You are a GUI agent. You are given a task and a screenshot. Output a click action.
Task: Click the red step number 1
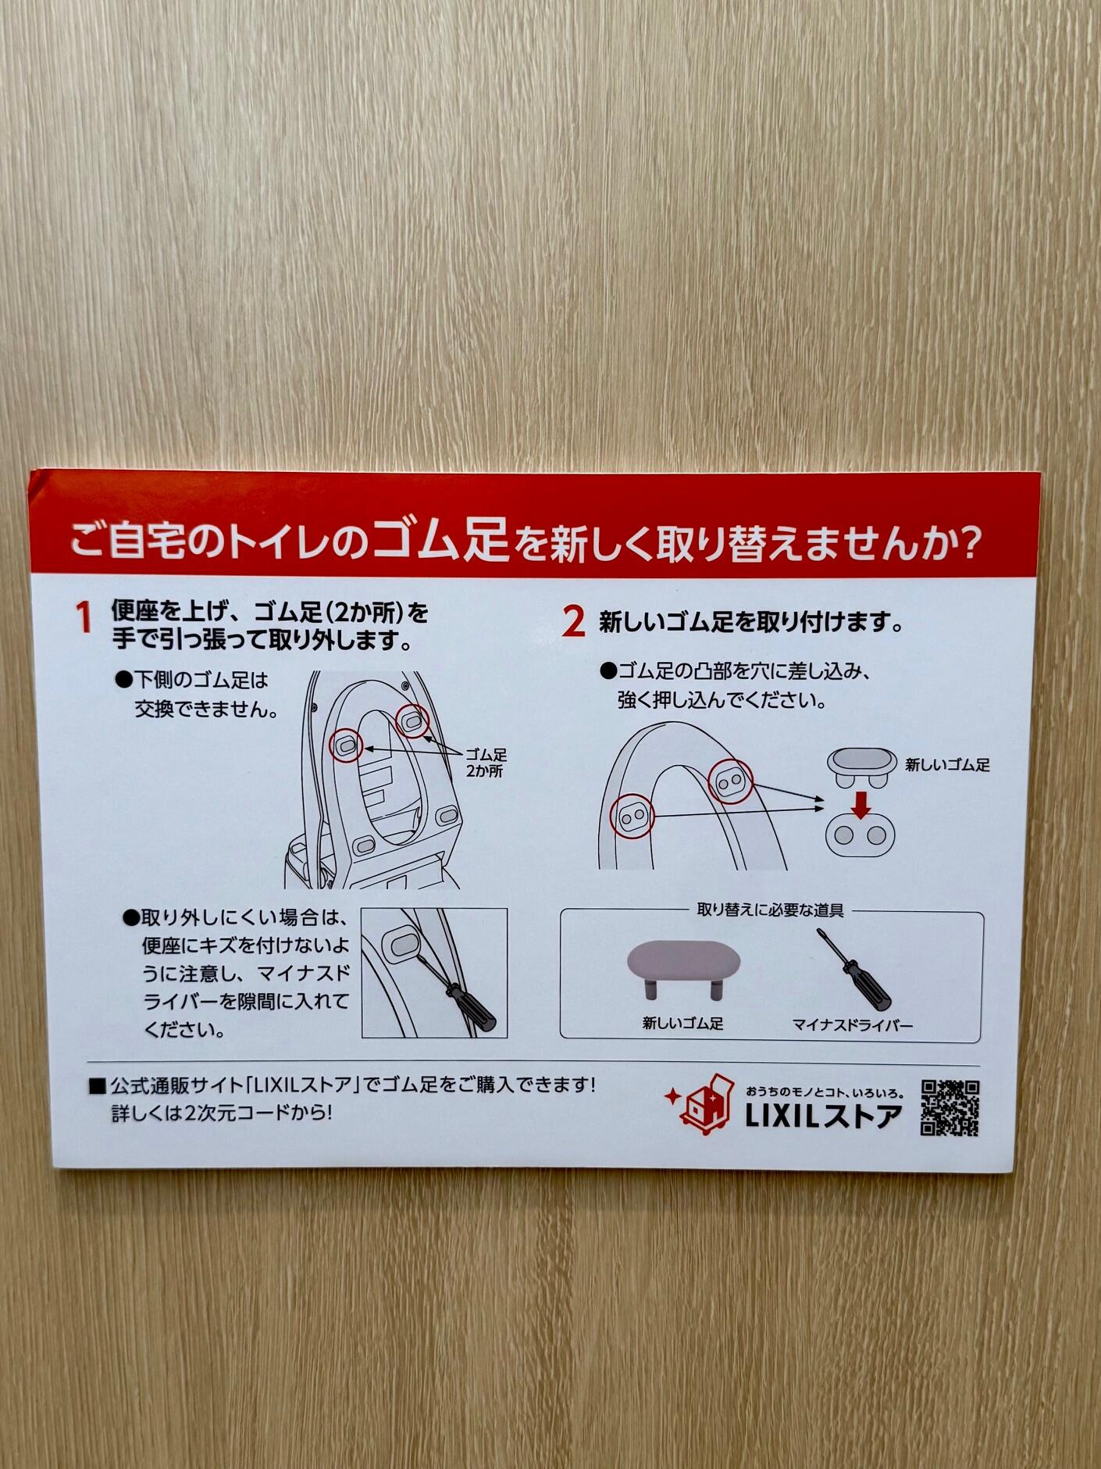click(84, 617)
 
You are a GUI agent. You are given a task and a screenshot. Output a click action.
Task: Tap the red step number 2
click(573, 622)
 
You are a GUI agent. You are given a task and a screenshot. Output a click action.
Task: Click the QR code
click(950, 1107)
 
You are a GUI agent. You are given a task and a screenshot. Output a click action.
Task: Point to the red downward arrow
click(860, 805)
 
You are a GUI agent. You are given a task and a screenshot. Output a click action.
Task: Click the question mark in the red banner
click(968, 543)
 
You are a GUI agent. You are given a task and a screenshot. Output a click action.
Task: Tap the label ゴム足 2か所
click(486, 763)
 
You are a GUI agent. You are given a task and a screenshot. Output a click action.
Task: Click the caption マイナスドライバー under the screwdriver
click(852, 1024)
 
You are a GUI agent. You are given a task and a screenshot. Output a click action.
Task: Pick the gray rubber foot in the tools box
click(684, 970)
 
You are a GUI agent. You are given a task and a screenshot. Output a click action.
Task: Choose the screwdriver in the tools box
click(853, 970)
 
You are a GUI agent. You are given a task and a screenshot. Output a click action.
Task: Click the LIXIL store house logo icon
click(700, 1104)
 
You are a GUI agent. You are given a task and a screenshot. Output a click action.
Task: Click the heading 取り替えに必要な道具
click(770, 910)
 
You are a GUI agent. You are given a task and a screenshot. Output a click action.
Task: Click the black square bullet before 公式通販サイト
click(97, 1085)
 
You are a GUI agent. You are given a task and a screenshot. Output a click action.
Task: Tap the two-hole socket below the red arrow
click(860, 835)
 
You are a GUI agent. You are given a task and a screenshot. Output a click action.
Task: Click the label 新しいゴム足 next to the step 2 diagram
click(947, 765)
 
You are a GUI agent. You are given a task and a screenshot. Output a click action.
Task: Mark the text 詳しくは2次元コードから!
click(222, 1113)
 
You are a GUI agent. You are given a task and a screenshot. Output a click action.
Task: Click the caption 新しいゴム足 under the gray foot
click(682, 1023)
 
